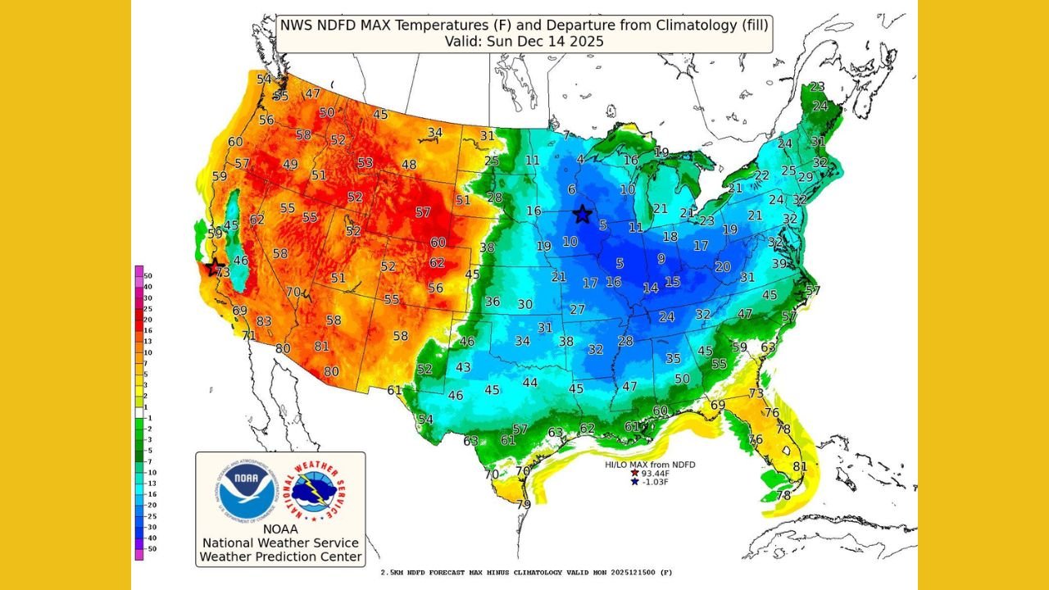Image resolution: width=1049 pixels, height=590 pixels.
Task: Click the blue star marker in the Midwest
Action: click(x=582, y=215)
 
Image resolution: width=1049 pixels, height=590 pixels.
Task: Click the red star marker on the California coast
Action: click(x=215, y=267)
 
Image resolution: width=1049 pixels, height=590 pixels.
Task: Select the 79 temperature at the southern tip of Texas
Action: click(x=523, y=504)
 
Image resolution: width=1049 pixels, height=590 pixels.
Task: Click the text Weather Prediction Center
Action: click(x=280, y=557)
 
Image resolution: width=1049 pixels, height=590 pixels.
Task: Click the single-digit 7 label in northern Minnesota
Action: click(x=565, y=135)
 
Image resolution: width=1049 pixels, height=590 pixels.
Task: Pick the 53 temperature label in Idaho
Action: click(x=365, y=162)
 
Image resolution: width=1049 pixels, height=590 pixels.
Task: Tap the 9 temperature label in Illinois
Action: click(x=661, y=258)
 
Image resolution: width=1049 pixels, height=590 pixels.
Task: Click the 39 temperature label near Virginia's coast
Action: click(x=779, y=263)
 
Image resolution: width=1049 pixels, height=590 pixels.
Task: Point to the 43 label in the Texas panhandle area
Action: click(x=463, y=367)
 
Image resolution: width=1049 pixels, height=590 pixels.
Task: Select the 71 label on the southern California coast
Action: click(x=248, y=336)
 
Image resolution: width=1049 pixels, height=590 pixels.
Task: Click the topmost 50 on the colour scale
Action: click(x=148, y=276)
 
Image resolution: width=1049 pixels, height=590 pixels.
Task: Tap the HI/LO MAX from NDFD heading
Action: click(x=650, y=465)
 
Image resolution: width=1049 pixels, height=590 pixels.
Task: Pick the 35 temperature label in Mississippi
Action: click(x=673, y=358)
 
